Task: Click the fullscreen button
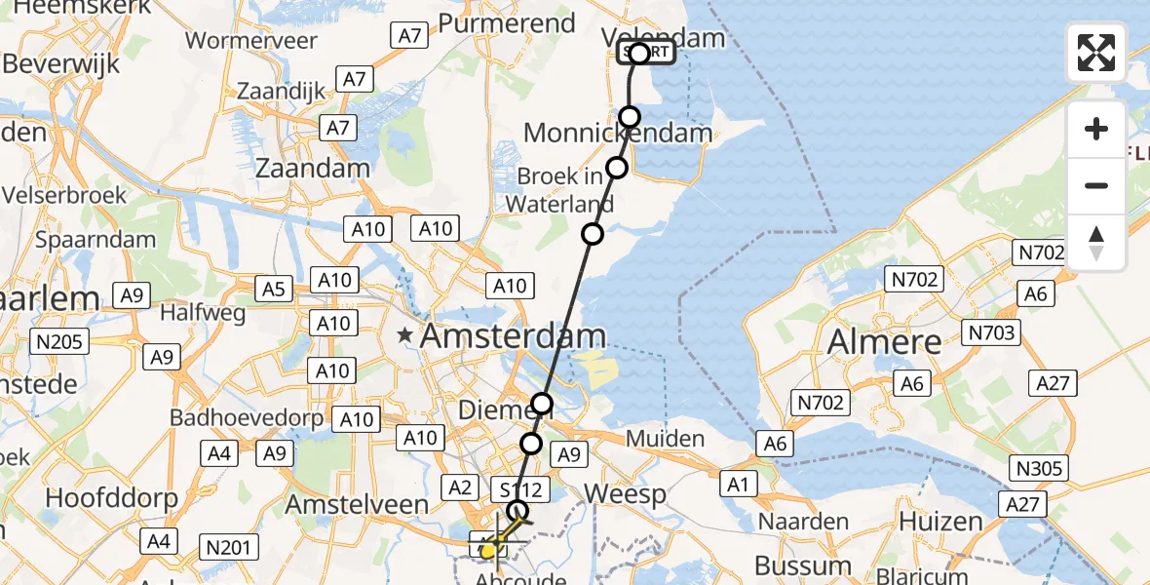(x=1096, y=53)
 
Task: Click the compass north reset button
(x=1096, y=243)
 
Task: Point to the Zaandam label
(x=312, y=168)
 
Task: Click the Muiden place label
(x=665, y=439)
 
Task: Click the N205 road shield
(x=60, y=341)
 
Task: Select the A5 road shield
(x=274, y=289)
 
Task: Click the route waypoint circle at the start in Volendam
(x=639, y=54)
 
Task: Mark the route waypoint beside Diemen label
(x=542, y=404)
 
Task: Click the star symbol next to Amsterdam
(x=405, y=336)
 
